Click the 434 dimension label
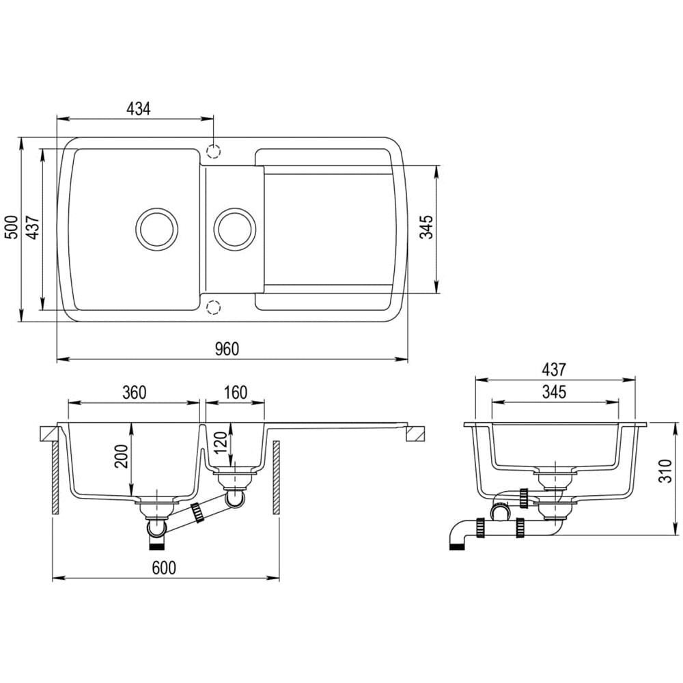139,109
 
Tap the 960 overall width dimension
227,349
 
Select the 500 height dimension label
12,227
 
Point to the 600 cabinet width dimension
164,568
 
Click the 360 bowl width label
134,393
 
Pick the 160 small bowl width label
236,393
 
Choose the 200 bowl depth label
122,456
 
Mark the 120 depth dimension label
221,442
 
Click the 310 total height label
665,471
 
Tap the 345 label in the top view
426,227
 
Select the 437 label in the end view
554,370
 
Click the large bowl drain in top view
157,229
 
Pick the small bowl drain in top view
235,229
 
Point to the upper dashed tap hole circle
213,151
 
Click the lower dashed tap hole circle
213,307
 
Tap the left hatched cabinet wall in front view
55,478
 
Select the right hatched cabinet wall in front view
276,478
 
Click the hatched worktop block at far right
415,434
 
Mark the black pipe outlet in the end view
457,546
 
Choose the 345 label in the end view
554,392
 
